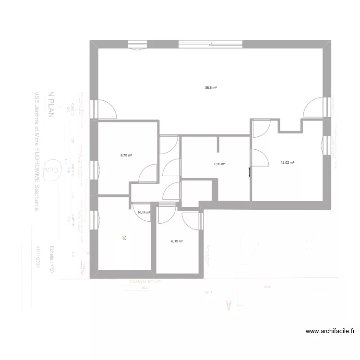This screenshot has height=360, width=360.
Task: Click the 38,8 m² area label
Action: tap(211, 88)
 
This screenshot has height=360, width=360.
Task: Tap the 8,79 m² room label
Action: tap(126, 155)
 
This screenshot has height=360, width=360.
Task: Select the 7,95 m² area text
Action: tap(219, 164)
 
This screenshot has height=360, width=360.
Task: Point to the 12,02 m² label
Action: tap(287, 163)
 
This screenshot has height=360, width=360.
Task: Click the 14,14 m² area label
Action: tap(144, 212)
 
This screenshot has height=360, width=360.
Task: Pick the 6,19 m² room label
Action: tap(177, 241)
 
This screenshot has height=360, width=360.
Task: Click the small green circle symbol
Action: tap(124, 237)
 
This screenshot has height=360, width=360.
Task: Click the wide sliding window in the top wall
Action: tap(211, 44)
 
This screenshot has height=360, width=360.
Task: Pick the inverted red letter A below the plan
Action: tap(228, 306)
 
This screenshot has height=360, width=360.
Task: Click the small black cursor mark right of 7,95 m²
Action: tap(249, 171)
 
